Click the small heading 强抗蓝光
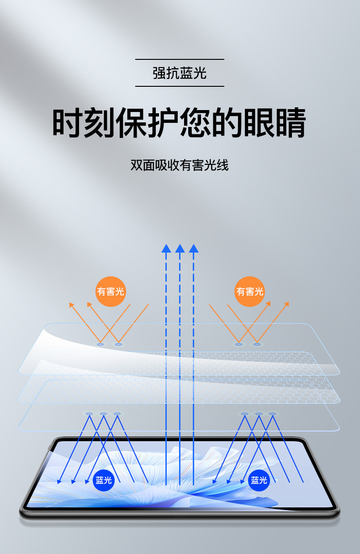[180, 73]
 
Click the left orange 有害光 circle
[111, 291]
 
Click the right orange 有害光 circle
[249, 291]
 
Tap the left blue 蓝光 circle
[104, 480]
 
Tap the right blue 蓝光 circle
[259, 480]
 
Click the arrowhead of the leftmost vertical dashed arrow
[166, 248]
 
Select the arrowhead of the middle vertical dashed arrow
[180, 248]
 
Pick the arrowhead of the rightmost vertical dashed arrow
[194, 248]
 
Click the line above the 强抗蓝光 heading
[180, 59]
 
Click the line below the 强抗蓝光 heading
[180, 86]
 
